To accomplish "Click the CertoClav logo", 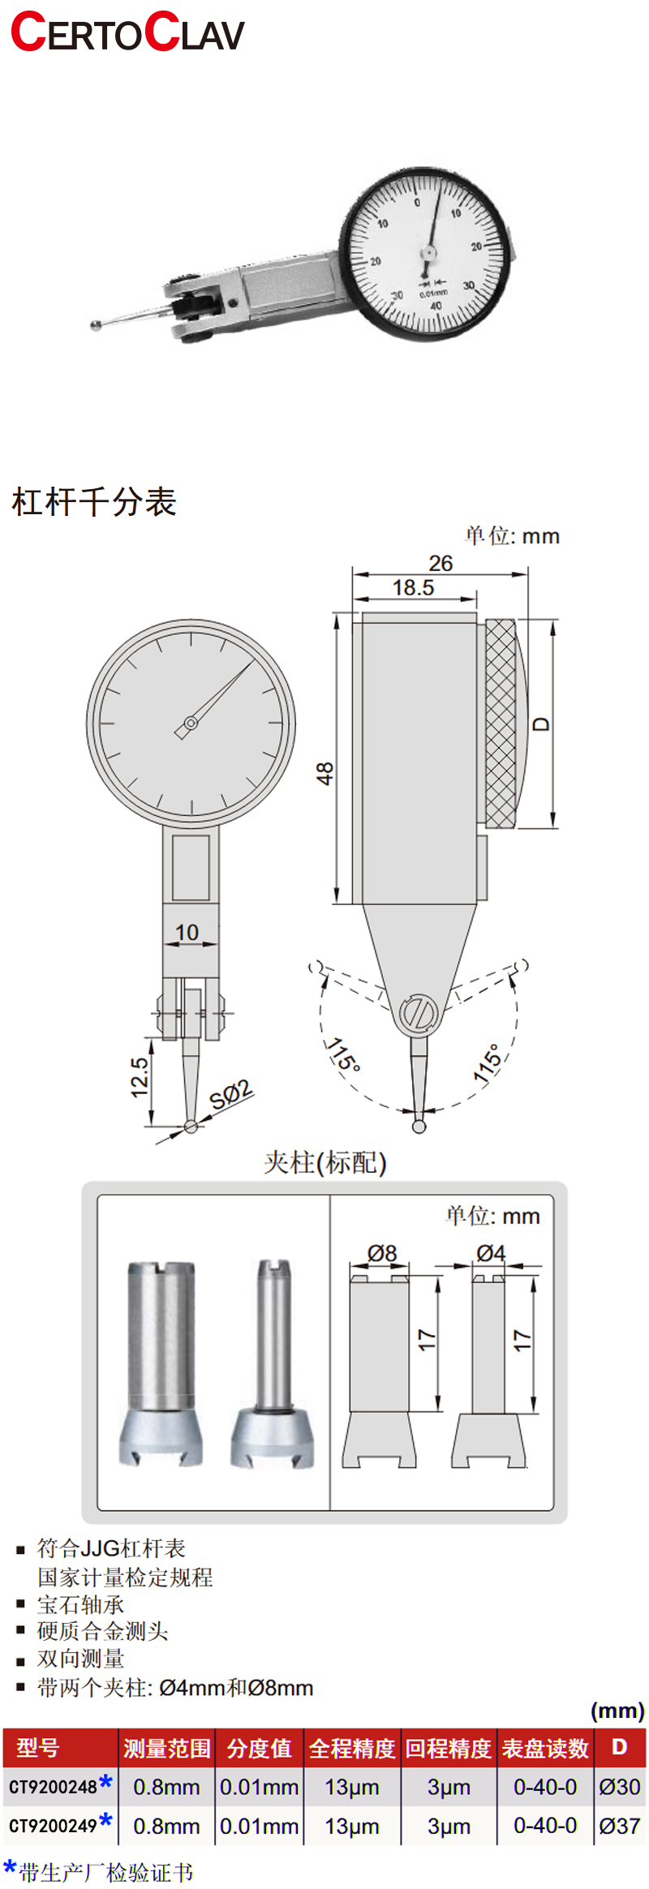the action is (x=127, y=32).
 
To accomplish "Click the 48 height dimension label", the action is (x=324, y=773).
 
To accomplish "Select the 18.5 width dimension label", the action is (x=413, y=587).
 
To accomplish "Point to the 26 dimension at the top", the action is (x=441, y=563).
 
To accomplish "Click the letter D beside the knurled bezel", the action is (x=541, y=723).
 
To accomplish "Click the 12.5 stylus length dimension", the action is (x=140, y=1077).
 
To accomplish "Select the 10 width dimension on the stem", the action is (x=187, y=933).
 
